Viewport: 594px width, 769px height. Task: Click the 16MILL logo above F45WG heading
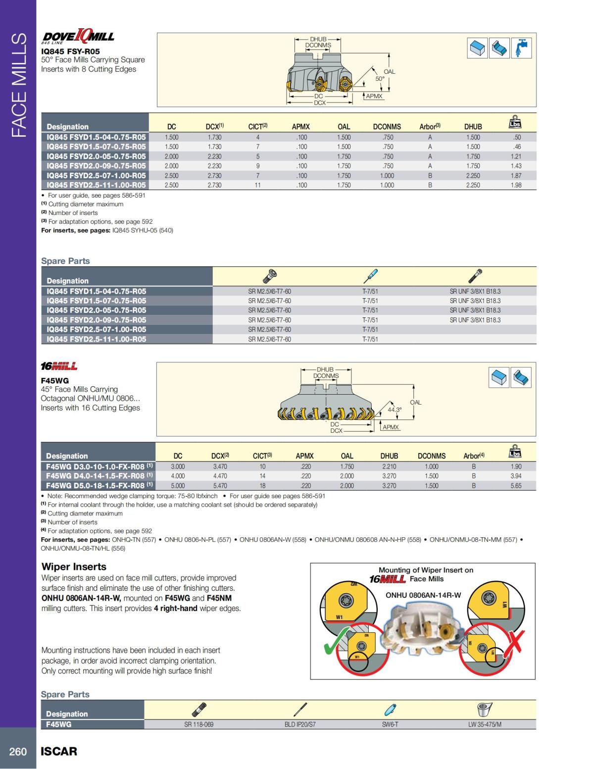tap(59, 366)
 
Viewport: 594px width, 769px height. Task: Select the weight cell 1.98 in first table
tap(516, 185)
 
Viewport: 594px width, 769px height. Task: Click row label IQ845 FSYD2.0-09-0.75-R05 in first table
tap(96, 166)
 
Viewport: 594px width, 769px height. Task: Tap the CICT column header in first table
tap(257, 127)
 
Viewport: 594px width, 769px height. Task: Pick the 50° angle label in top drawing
tap(380, 78)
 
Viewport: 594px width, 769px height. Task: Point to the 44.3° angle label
tap(395, 410)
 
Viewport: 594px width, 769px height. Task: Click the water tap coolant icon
tap(521, 48)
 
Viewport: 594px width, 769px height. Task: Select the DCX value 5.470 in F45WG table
tap(220, 486)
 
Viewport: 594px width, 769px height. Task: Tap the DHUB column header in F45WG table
tap(389, 456)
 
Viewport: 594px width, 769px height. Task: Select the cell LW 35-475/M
tap(485, 724)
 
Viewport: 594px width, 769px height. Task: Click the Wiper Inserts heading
tap(74, 566)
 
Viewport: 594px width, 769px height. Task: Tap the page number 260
tap(18, 752)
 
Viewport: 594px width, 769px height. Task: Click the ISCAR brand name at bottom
tap(59, 752)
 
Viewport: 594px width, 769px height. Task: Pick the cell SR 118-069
tap(198, 724)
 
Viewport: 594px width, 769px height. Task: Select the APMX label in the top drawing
tap(374, 96)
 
